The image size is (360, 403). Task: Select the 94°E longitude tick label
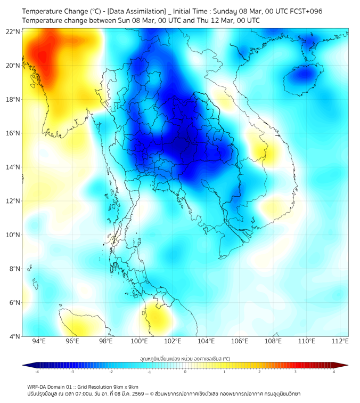39,342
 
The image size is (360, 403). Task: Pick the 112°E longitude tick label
340,342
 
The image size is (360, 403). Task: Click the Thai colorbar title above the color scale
185,359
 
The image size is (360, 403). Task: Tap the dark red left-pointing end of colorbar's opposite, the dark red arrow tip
345,365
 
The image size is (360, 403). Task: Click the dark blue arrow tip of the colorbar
26,365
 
